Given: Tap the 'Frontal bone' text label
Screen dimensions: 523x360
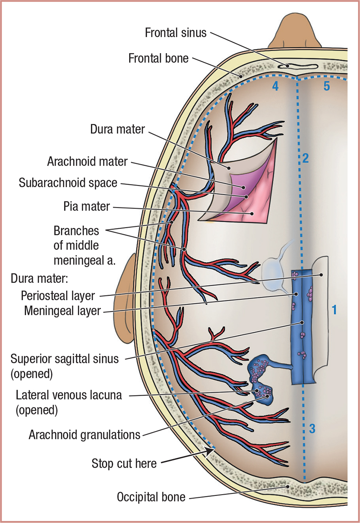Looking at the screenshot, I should (158, 59).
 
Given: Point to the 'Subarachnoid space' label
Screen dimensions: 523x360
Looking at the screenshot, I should (68, 183).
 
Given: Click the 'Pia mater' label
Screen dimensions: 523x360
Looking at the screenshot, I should (87, 207).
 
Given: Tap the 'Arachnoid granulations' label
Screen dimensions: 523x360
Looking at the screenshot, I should (84, 435).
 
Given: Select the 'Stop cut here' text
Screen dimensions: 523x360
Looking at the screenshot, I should (124, 463).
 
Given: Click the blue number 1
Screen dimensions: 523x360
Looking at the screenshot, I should (334, 310).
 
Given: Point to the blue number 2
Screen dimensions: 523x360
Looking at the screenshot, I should (306, 158).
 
